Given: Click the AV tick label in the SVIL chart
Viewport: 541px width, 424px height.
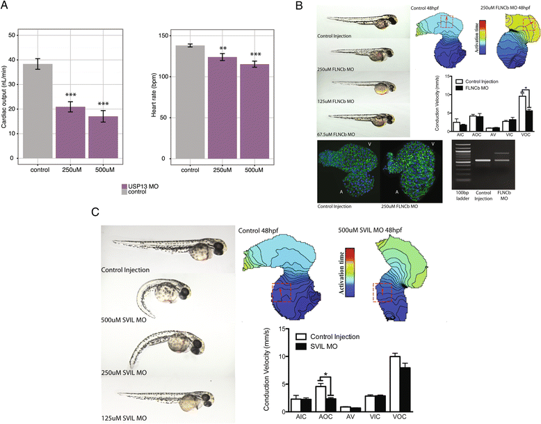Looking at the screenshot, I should tap(343, 420).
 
